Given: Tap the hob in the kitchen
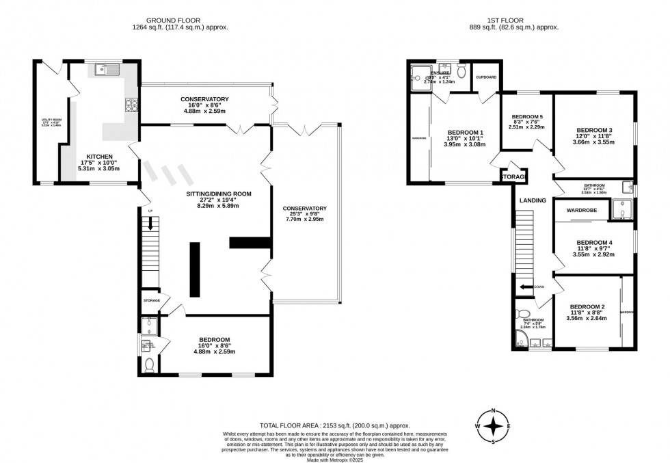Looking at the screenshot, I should (131, 105).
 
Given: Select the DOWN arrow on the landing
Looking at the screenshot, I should (526, 287).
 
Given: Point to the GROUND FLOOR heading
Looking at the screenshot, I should (180, 20).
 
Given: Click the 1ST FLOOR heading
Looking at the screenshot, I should (515, 20).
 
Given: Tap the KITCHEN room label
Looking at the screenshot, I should (93, 157).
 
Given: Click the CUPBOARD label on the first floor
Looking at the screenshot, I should (485, 77).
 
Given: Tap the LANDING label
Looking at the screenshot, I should (533, 200).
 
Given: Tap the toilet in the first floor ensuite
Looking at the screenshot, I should (461, 71).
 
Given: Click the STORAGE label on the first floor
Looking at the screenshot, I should (513, 177).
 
